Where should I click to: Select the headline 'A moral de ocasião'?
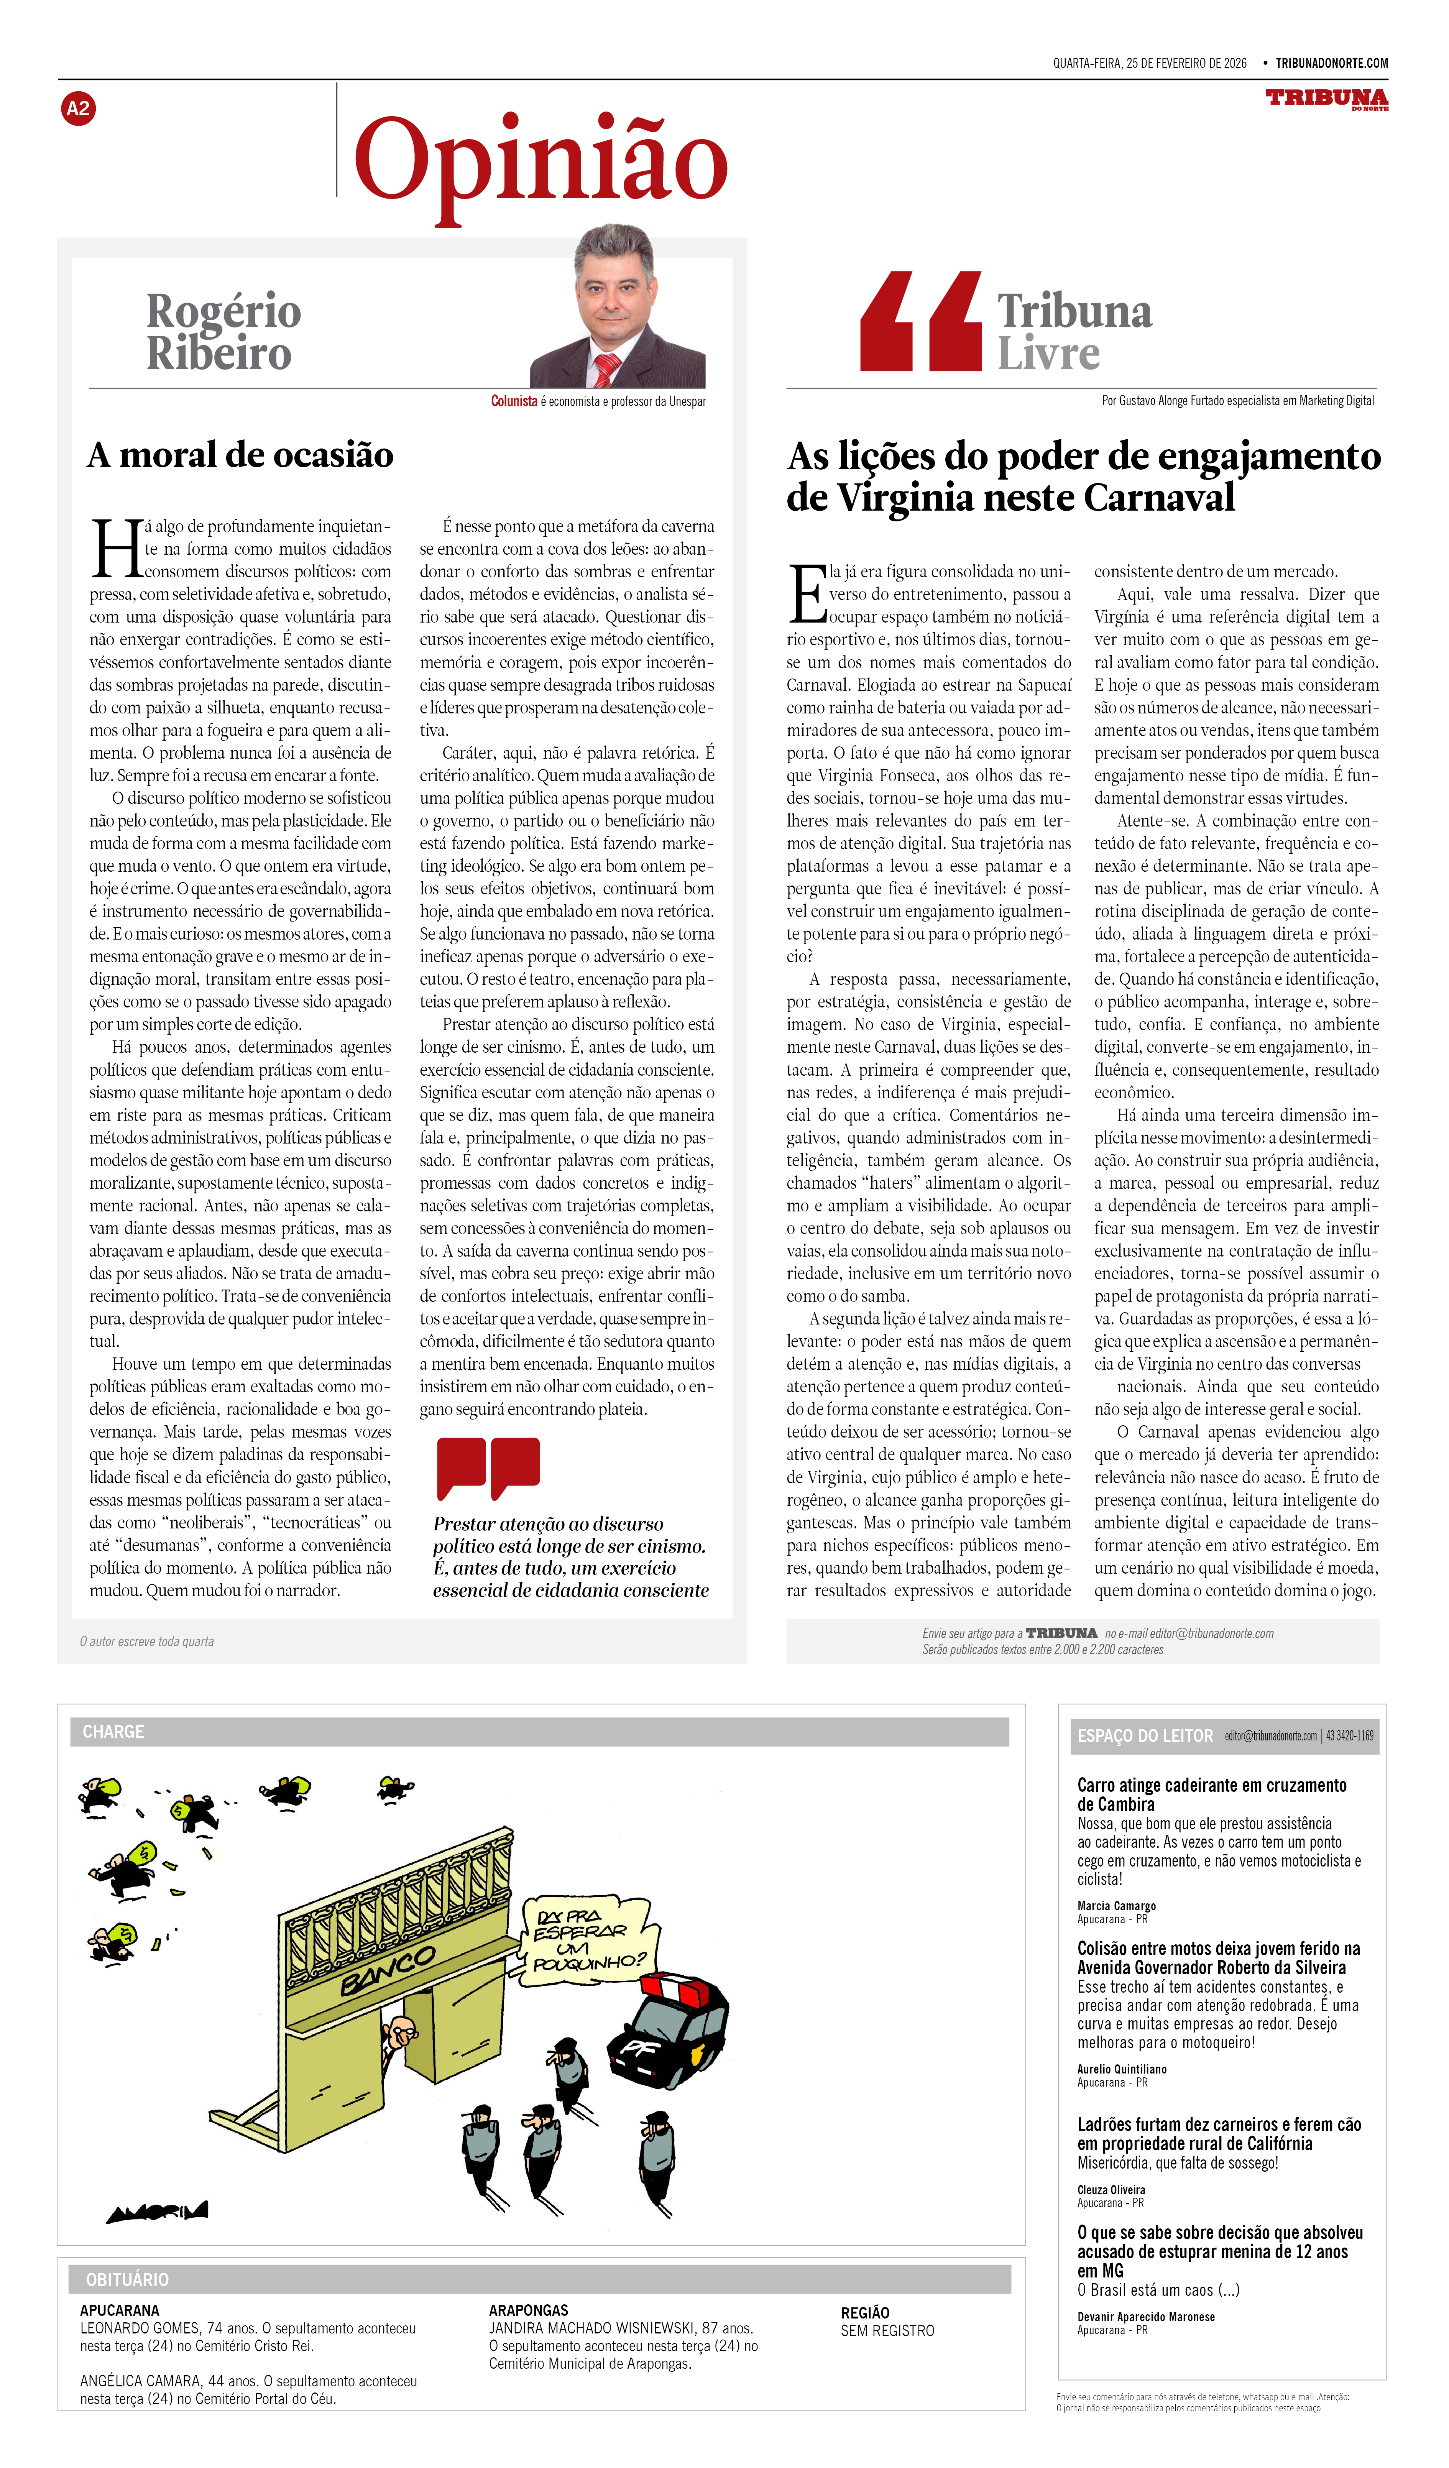pos(240,455)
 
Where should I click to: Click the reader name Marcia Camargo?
pos(1116,1906)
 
